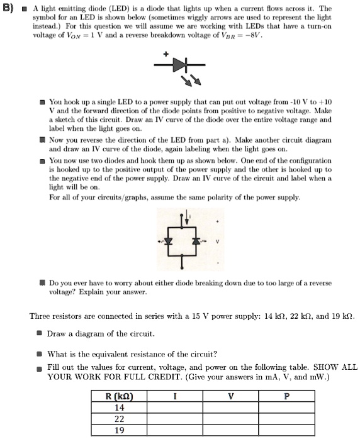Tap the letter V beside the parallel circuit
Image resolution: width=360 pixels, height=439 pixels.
(x=218, y=242)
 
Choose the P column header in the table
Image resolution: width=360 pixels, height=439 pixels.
(x=287, y=396)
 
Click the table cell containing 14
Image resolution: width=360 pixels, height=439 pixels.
(x=120, y=408)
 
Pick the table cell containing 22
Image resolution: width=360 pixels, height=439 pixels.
(x=120, y=419)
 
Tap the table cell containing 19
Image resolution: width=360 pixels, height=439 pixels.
(x=120, y=430)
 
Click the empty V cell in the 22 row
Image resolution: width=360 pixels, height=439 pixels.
(x=230, y=419)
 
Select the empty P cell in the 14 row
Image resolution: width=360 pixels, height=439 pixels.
(x=287, y=408)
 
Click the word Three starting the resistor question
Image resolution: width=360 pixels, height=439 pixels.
(x=42, y=316)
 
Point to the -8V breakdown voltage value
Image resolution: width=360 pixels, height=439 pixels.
(x=261, y=36)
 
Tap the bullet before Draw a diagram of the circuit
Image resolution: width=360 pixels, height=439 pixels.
(x=39, y=333)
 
